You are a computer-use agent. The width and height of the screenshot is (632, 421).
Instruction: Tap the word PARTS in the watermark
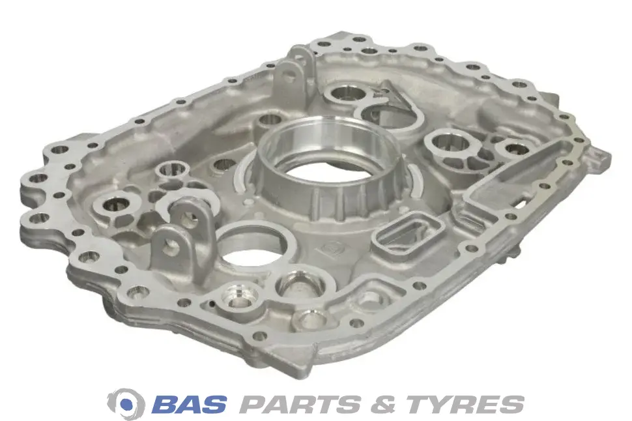300,403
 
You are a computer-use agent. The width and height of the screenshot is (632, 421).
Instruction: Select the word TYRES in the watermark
465,403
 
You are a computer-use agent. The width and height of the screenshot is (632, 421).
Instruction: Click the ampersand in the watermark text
383,403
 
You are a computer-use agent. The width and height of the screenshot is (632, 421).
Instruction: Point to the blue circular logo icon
126,403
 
